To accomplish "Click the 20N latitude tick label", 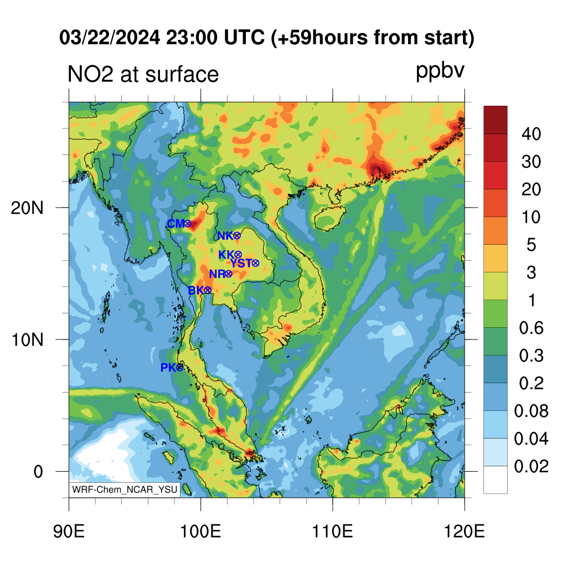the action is (27, 208).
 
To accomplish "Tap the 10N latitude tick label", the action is (27, 340).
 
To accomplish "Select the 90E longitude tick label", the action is (69, 531).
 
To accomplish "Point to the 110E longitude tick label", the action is (333, 531).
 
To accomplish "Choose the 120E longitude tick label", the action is (465, 531).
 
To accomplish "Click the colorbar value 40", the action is (531, 134).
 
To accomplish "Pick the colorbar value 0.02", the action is (531, 466).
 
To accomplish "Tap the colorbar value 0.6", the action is (531, 328).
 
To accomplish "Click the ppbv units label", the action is (440, 71).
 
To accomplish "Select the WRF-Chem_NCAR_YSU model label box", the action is (125, 489).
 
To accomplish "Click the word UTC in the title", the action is (244, 37).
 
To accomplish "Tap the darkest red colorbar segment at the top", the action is (496, 120).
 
